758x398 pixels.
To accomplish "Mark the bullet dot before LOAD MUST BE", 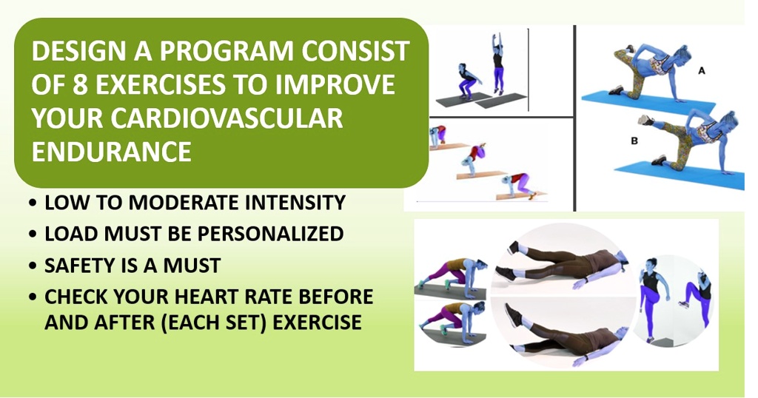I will tap(34, 235).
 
